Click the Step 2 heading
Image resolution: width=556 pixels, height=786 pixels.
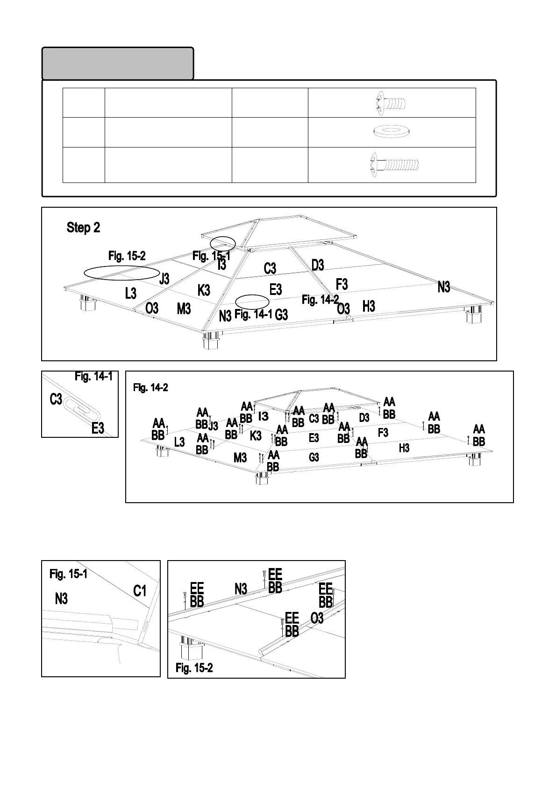83,228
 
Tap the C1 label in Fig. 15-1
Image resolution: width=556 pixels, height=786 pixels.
140,591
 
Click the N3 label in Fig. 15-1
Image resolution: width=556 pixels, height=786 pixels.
61,599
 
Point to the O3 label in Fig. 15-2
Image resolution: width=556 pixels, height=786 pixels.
317,618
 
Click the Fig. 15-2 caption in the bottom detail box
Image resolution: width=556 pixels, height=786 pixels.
194,668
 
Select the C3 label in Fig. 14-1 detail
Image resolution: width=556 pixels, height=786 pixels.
56,400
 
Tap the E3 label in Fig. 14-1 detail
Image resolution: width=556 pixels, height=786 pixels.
98,428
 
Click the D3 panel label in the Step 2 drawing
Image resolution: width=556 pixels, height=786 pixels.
318,265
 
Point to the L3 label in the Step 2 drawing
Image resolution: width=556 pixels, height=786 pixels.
131,293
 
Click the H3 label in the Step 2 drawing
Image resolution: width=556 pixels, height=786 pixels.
369,306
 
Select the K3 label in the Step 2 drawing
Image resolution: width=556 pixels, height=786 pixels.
204,290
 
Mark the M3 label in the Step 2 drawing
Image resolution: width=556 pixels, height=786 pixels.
184,309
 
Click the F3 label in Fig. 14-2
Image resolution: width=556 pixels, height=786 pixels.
383,433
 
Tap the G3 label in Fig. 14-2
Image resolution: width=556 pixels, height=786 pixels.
314,457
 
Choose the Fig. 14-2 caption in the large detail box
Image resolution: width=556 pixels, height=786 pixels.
150,387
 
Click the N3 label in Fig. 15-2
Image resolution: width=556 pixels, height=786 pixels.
241,589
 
